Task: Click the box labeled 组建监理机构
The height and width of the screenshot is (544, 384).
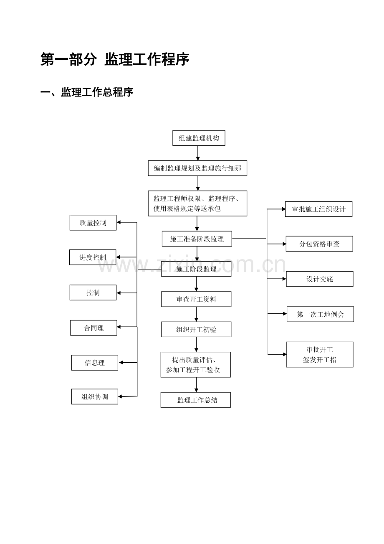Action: coord(199,138)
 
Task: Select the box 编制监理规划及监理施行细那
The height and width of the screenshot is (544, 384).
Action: coord(197,168)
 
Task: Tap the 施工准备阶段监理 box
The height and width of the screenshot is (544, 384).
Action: coord(197,239)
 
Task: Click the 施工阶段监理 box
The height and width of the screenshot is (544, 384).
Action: coord(196,269)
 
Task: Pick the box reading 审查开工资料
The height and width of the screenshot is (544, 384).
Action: coord(196,299)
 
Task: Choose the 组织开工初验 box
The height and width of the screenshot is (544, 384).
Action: coord(196,329)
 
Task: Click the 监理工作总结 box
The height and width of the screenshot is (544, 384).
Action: coord(195,400)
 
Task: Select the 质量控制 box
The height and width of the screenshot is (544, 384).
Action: coord(93,222)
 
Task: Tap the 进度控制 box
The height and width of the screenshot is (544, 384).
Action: coord(93,257)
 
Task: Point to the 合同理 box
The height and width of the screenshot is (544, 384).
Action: coord(93,328)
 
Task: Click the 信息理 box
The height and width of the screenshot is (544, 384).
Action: coord(95,363)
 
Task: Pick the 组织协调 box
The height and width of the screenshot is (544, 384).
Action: coord(95,397)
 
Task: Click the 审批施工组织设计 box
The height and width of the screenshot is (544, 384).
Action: coord(318,209)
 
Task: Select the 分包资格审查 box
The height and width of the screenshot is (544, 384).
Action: coord(319,244)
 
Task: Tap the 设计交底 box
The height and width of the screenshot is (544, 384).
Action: coord(320,279)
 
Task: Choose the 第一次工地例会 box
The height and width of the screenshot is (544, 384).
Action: coord(320,314)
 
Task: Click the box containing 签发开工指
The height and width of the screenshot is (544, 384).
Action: coord(320,354)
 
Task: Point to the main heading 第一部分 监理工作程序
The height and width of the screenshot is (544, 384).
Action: coord(115,59)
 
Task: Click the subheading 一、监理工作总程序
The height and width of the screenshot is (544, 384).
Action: coord(87,92)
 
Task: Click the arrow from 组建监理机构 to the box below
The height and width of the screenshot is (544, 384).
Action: coord(198,153)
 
